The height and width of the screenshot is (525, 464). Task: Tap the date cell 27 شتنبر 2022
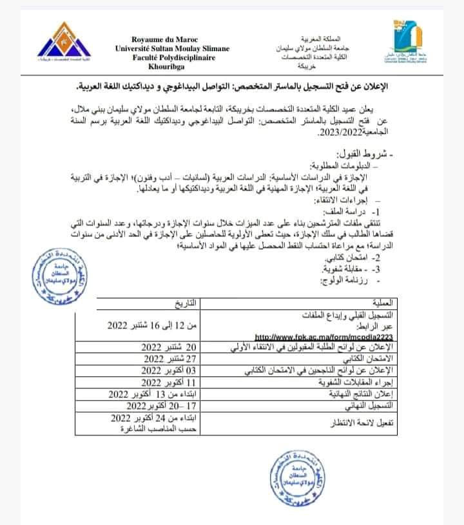tap(169, 359)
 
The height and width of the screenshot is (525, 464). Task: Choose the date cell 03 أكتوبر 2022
tap(169, 371)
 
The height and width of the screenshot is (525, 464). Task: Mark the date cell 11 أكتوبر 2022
tap(169, 383)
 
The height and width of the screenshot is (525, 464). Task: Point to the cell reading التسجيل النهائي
tap(374, 406)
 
